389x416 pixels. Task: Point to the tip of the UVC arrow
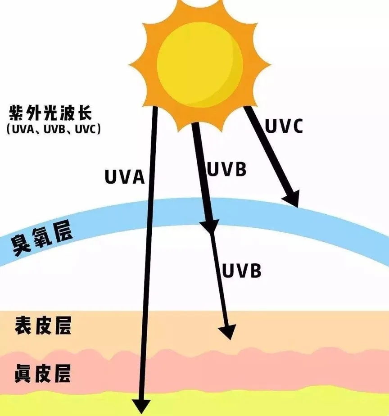click(298, 207)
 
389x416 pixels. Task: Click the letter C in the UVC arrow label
click(296, 126)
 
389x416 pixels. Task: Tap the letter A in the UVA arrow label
click(138, 176)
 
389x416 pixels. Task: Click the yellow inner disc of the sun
click(200, 64)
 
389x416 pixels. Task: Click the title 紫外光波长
click(51, 113)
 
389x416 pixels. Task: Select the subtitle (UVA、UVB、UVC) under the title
click(54, 129)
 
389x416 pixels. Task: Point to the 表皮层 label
click(43, 325)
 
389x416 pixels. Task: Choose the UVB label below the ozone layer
click(241, 271)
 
